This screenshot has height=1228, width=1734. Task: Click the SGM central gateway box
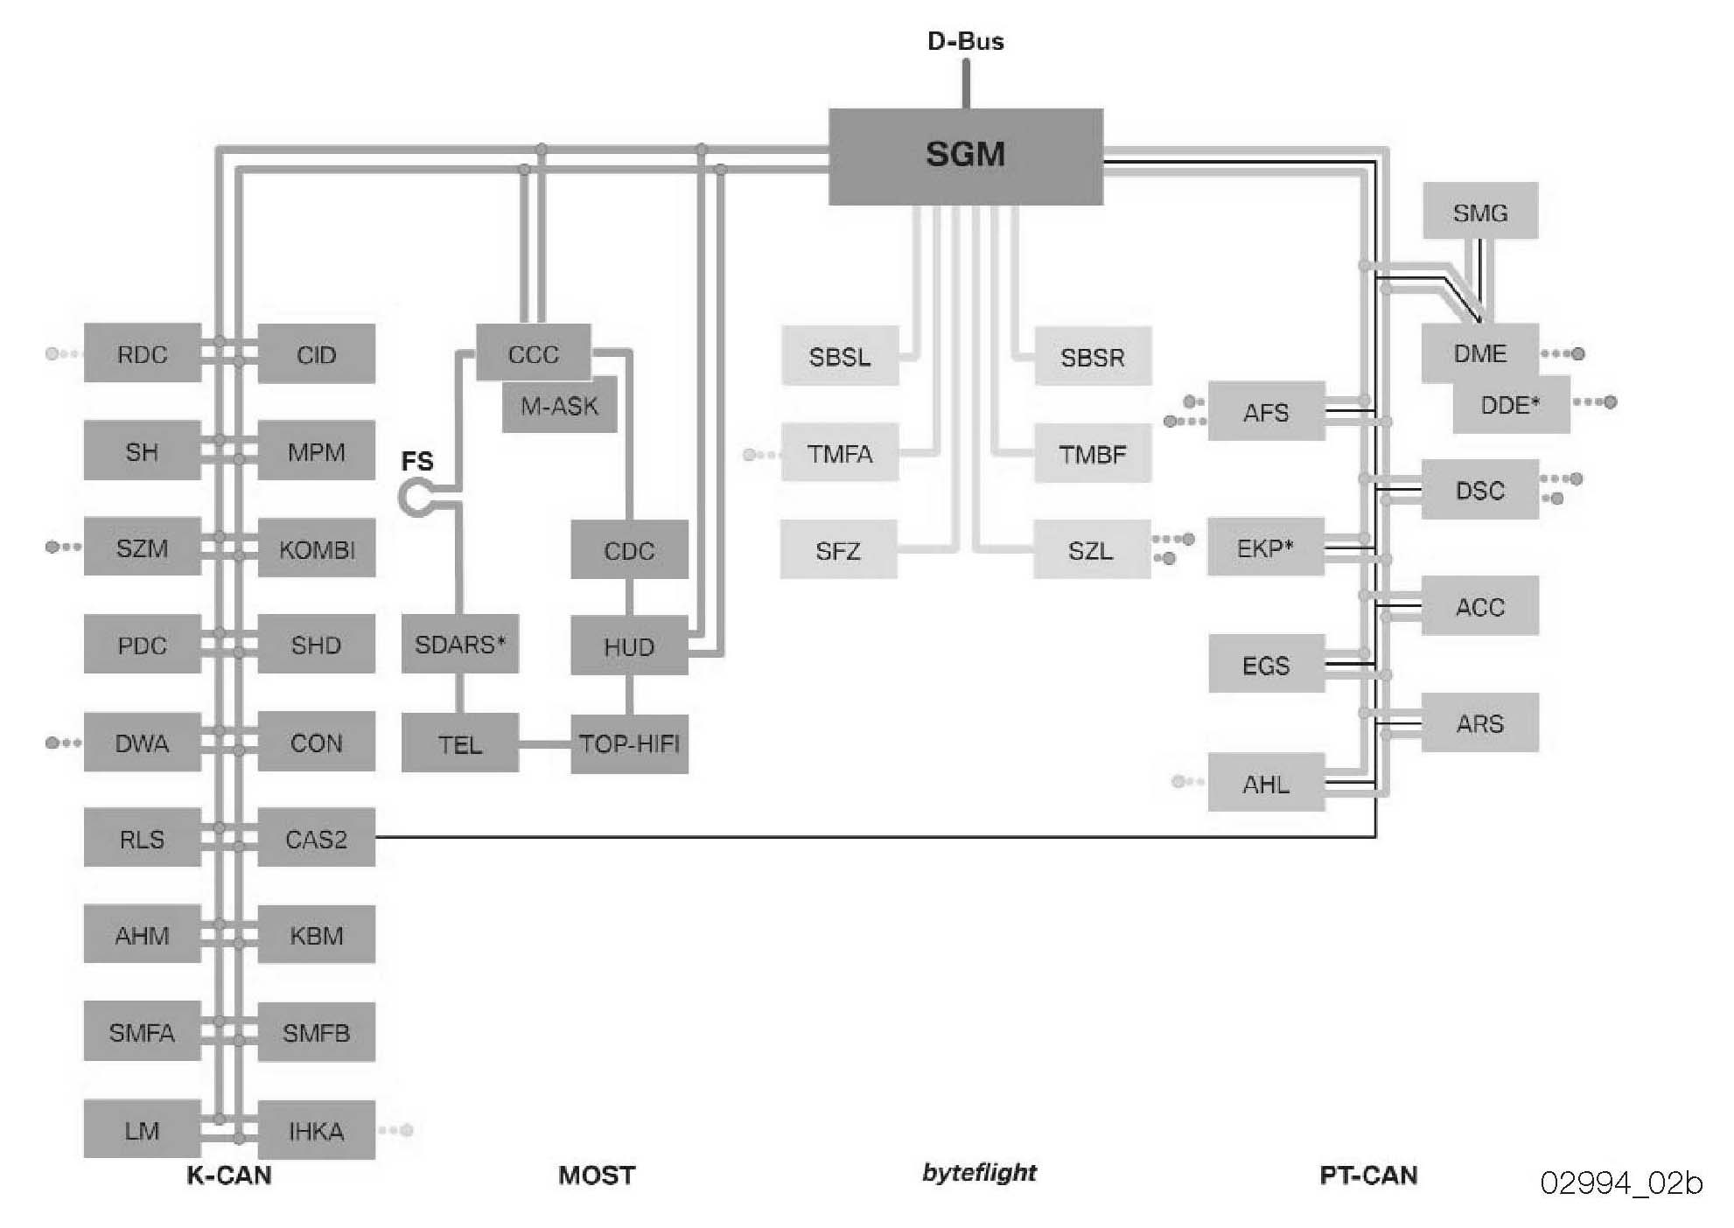click(965, 157)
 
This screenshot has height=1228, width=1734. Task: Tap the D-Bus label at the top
click(965, 41)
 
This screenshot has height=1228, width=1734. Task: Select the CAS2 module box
click(316, 838)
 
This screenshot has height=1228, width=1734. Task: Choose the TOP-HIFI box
click(629, 744)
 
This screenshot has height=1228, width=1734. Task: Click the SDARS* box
click(459, 645)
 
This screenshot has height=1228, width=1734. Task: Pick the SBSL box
click(839, 357)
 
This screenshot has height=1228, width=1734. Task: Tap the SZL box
click(1091, 550)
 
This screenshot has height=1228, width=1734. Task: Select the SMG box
click(1479, 212)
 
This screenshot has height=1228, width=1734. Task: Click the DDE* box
click(1511, 406)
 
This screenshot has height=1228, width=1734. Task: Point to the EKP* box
click(1265, 548)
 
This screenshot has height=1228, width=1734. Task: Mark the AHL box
click(1265, 784)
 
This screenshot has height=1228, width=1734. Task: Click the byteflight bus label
click(979, 1172)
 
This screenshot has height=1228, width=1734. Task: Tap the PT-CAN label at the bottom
click(1368, 1175)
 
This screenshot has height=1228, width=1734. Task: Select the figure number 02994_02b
click(1621, 1183)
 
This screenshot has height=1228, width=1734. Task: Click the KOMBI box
click(316, 549)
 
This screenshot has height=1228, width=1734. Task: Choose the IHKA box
click(316, 1130)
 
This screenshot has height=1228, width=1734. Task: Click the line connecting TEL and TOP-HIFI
click(544, 744)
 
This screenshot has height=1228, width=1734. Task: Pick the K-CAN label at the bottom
click(229, 1175)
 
